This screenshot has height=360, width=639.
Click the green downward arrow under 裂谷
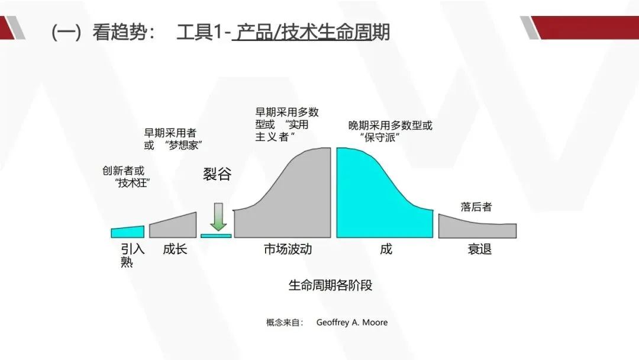tap(218, 217)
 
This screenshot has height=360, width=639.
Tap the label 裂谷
tap(218, 175)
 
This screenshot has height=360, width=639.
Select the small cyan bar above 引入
tap(128, 232)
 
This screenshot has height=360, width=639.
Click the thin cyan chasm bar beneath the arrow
tap(216, 236)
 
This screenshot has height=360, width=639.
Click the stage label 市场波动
tap(288, 249)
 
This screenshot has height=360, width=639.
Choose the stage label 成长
tap(175, 249)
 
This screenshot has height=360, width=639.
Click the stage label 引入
tap(133, 249)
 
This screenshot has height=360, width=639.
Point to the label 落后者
tap(476, 207)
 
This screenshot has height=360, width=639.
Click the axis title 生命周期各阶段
tap(330, 285)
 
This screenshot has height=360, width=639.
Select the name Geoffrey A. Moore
tap(352, 323)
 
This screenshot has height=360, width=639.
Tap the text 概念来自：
tap(285, 323)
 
